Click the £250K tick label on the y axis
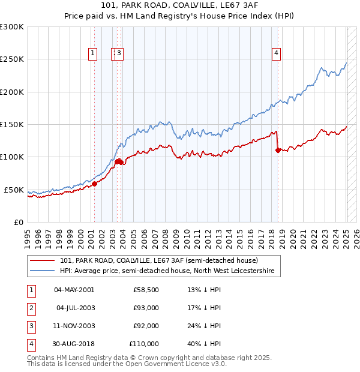(12, 59)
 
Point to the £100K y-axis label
(12, 157)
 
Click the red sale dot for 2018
(278, 151)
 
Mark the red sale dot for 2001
(95, 184)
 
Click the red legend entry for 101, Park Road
(158, 260)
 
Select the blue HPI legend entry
(166, 271)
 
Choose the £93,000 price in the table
(146, 308)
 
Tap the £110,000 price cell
(145, 344)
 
